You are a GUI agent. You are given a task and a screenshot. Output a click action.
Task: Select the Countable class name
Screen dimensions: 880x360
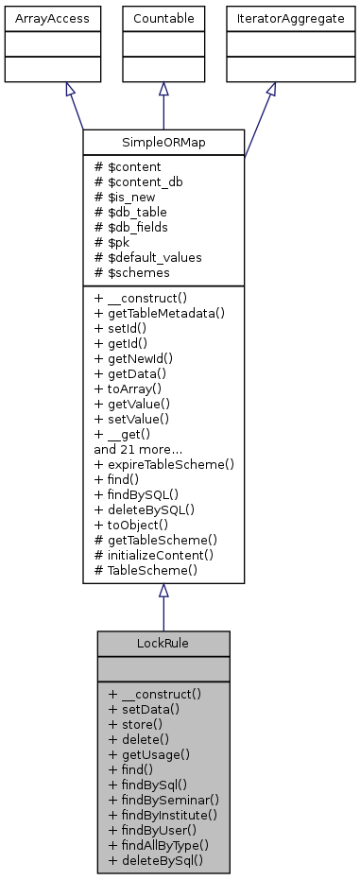(x=163, y=18)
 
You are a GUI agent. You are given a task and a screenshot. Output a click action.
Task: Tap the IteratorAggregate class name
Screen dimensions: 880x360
(x=269, y=18)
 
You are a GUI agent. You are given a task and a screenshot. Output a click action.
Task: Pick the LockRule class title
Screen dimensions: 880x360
(x=163, y=643)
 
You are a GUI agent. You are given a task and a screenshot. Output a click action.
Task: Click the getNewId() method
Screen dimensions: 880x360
(x=130, y=357)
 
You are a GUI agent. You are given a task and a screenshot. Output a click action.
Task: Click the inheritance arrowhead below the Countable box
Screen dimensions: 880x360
(x=163, y=89)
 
